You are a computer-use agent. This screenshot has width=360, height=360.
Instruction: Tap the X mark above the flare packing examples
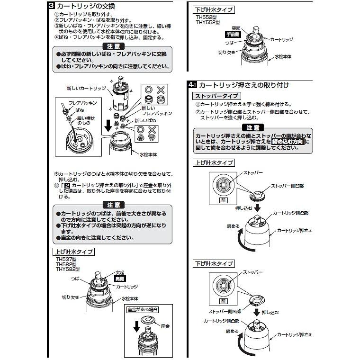[x=160, y=90]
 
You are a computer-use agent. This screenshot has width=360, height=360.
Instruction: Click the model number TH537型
[x=63, y=259]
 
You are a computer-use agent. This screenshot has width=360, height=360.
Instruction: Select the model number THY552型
[x=208, y=22]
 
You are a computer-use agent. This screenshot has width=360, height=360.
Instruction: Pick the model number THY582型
[x=65, y=269]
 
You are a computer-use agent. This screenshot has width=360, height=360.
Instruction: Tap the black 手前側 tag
[x=234, y=35]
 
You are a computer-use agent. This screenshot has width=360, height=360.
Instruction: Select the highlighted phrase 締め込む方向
[x=288, y=141]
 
